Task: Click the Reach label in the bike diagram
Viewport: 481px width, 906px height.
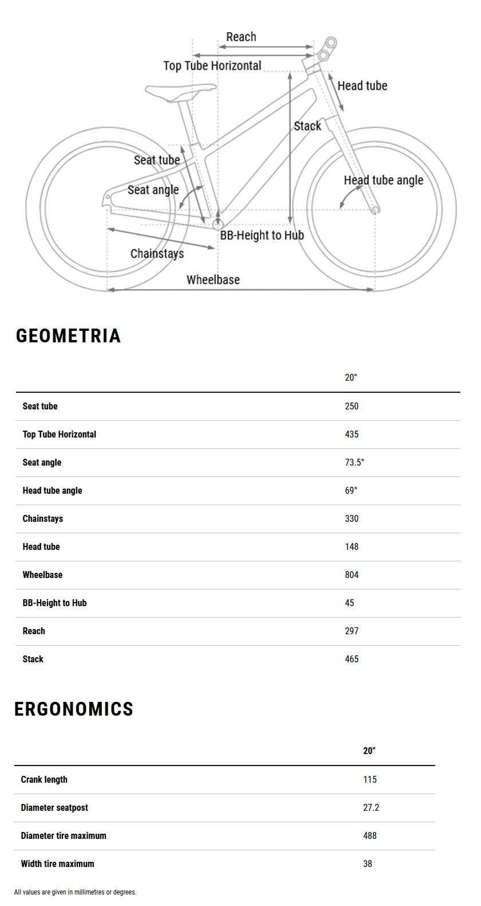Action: click(241, 37)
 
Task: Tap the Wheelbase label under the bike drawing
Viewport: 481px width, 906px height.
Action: click(213, 280)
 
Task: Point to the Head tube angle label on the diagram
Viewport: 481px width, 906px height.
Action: click(383, 180)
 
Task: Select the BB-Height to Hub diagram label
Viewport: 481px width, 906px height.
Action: click(262, 235)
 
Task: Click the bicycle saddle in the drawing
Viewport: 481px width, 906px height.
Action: click(180, 92)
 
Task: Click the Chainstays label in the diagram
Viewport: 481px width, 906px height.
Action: click(157, 253)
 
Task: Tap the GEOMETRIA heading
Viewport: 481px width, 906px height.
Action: click(68, 335)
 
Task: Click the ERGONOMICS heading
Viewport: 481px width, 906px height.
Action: click(74, 709)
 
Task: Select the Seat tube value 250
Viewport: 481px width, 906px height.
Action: click(352, 406)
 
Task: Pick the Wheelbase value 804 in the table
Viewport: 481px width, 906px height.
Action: click(352, 575)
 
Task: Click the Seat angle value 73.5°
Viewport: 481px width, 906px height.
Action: click(354, 462)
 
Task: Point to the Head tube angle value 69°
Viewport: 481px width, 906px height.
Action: click(351, 490)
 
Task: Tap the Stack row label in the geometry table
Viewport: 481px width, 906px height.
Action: click(33, 659)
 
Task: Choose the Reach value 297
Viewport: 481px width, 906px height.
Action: click(352, 631)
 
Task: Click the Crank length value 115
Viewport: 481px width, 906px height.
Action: click(370, 779)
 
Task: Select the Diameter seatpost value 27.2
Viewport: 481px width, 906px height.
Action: click(371, 807)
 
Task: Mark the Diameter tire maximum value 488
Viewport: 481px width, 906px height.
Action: click(370, 835)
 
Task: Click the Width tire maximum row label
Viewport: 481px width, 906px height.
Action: click(57, 864)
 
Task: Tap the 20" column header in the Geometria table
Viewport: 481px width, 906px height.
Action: click(351, 377)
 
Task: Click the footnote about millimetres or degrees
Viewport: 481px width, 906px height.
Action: click(75, 892)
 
